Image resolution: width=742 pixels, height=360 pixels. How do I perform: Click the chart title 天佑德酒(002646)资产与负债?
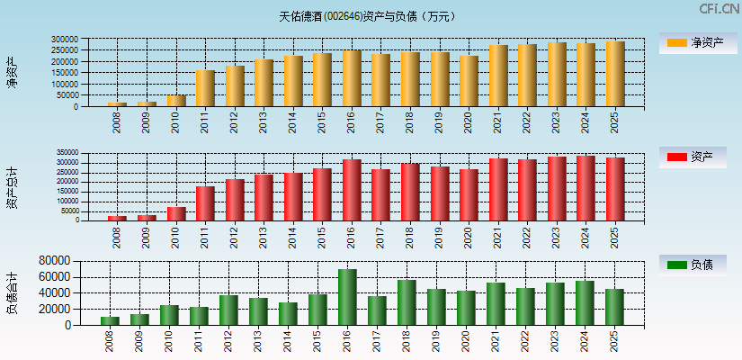click(368, 16)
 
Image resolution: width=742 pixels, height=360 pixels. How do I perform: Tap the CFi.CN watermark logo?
click(720, 9)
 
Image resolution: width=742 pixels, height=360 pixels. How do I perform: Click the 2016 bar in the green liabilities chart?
click(347, 297)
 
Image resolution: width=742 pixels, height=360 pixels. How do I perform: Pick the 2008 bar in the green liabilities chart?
click(110, 320)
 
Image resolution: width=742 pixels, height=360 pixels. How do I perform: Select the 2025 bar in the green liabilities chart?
click(614, 307)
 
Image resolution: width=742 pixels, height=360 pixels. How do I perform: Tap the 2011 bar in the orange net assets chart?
click(205, 88)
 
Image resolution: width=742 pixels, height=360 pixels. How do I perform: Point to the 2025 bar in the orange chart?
click(614, 74)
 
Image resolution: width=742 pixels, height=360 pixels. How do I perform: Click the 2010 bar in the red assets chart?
click(175, 213)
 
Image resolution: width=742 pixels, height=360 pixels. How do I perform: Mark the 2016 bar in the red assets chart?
click(352, 190)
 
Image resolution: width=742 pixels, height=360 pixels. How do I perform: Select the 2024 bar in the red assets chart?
click(586, 188)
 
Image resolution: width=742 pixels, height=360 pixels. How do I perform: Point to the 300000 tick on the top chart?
click(65, 40)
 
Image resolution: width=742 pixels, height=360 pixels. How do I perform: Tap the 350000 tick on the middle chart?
click(67, 153)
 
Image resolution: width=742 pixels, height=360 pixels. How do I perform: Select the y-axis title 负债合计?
click(12, 292)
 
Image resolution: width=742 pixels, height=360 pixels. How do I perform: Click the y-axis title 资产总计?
click(12, 186)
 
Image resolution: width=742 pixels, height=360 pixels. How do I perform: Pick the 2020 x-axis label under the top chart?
click(468, 122)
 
